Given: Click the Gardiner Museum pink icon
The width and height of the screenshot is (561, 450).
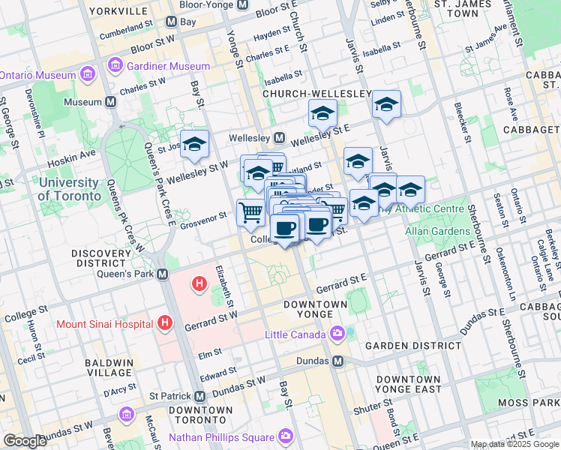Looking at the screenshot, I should tap(115, 66).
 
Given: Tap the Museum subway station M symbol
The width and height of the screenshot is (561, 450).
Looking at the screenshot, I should tap(110, 102).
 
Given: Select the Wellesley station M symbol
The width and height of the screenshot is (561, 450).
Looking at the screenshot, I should tap(279, 138).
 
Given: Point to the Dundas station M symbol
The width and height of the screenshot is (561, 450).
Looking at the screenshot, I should tap(337, 361).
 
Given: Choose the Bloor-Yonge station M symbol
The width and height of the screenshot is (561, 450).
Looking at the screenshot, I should tap(242, 4).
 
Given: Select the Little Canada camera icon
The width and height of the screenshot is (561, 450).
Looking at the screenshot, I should tap(337, 332).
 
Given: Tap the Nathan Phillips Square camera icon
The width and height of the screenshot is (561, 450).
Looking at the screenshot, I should tap(286, 436).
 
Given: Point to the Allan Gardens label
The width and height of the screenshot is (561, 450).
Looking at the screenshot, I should tap(437, 232).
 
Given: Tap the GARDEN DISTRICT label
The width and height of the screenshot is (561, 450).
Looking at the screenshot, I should tap(412, 346).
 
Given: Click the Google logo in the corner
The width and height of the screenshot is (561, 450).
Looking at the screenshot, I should tap(25, 441).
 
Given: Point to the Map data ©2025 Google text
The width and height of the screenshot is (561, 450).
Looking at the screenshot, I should tap(514, 444).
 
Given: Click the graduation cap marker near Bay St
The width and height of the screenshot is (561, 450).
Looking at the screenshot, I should tap(194, 145).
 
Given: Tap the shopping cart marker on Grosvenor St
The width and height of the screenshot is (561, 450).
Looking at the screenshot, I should tap(250, 211).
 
